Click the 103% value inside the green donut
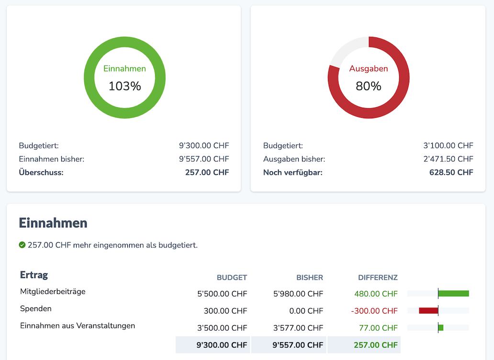[x=124, y=86]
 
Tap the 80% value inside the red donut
[x=368, y=86]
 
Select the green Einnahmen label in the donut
[x=124, y=68]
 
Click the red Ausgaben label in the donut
[x=368, y=68]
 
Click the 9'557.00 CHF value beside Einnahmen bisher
[x=204, y=159]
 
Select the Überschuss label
[x=41, y=172]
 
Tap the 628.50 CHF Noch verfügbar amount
[x=451, y=172]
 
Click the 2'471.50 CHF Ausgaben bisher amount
[x=448, y=159]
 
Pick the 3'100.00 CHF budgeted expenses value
[x=448, y=146]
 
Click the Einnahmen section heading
[x=53, y=223]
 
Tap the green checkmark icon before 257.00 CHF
[x=22, y=245]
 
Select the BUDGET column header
[x=232, y=278]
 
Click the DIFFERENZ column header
[x=378, y=278]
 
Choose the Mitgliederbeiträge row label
[x=53, y=291]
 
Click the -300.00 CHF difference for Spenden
[x=374, y=311]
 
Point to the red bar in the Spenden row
[x=428, y=311]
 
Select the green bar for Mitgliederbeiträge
[x=453, y=293]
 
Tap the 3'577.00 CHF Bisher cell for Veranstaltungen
[x=298, y=328]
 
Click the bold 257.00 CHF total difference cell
[x=375, y=345]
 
